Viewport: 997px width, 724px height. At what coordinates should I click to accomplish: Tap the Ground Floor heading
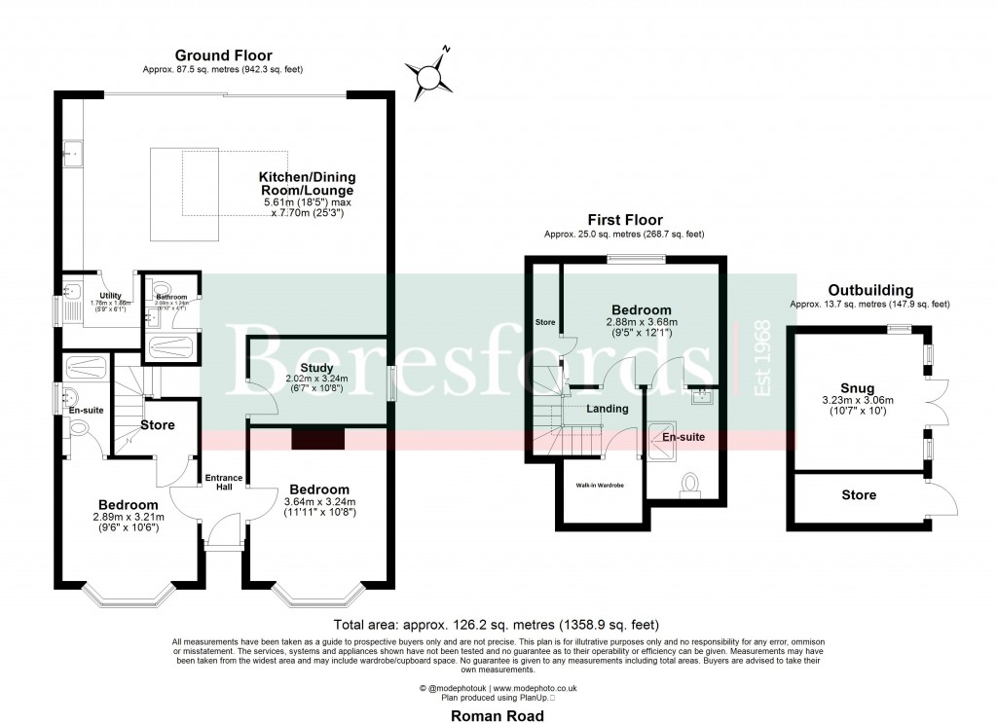click(x=223, y=55)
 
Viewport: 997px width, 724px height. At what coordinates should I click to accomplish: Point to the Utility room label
click(x=110, y=293)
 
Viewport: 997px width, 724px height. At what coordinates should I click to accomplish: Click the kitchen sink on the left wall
click(x=71, y=153)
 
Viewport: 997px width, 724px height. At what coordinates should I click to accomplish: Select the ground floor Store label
click(x=157, y=425)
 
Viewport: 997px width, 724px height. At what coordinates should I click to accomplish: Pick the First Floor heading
click(x=624, y=221)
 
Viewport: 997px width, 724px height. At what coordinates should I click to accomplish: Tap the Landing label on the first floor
click(x=608, y=409)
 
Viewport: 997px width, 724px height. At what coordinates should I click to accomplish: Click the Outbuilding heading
click(x=869, y=290)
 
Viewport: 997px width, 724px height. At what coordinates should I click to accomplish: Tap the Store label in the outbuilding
click(x=858, y=495)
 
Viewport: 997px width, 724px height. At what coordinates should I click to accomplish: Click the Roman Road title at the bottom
click(x=498, y=714)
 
